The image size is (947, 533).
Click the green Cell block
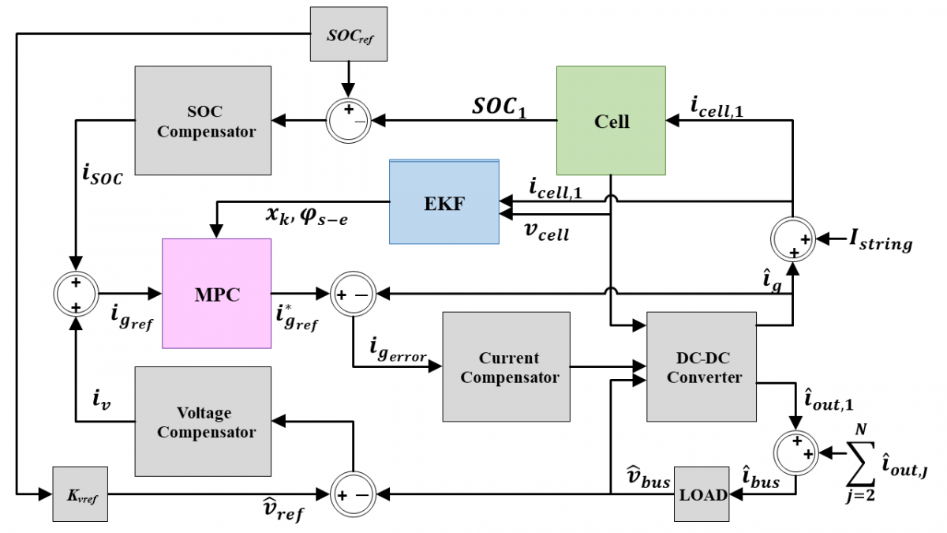pos(611,121)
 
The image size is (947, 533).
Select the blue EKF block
pos(444,202)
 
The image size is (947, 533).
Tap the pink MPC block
pos(216,294)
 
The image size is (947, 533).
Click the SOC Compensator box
pos(203,121)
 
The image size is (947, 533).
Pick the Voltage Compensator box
pos(203,422)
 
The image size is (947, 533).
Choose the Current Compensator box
pos(507,366)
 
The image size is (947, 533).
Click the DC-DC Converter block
pos(702,366)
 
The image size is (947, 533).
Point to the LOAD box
pos(702,494)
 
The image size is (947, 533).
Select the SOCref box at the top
pos(349,34)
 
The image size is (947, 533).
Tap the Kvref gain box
pos(80,494)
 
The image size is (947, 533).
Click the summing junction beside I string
pos(792,240)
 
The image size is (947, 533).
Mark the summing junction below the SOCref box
pos(349,121)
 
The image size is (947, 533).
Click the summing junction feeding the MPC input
pos(76,294)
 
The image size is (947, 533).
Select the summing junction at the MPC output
pos(353,294)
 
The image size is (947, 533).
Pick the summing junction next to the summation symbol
pos(796,453)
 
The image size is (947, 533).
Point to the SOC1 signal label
pos(500,107)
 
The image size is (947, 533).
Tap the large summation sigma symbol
pos(860,464)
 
